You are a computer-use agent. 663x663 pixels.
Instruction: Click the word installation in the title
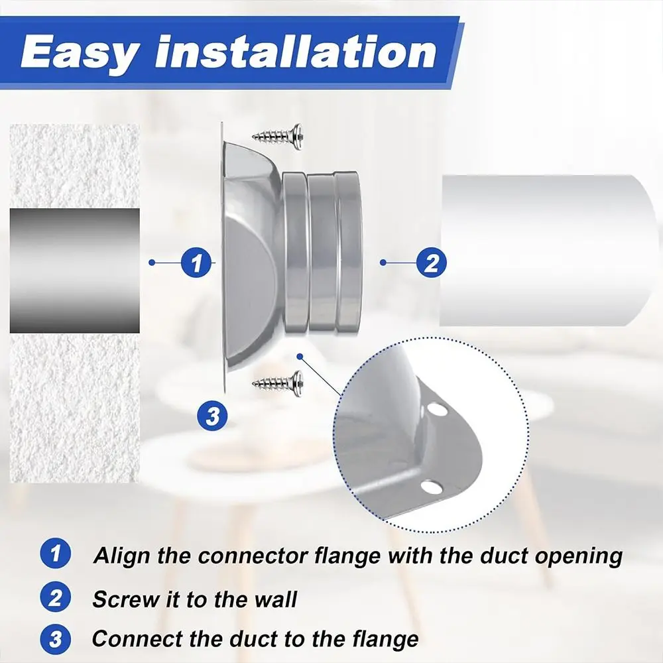[x=296, y=53]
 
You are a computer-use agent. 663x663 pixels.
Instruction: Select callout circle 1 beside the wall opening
[x=196, y=263]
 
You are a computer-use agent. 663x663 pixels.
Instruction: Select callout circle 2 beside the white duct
[x=432, y=263]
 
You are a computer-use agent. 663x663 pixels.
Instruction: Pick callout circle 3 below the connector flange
[x=212, y=417]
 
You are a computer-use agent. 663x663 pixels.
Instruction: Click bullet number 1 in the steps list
[x=56, y=555]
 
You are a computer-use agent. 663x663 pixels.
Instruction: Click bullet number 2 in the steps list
[x=56, y=599]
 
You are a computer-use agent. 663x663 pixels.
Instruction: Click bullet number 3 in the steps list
[x=56, y=639]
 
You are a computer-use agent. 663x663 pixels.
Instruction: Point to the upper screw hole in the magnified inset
[x=438, y=410]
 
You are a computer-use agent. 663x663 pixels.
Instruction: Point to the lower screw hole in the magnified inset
[x=431, y=489]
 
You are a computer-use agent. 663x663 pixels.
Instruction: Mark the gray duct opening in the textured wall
[x=74, y=271]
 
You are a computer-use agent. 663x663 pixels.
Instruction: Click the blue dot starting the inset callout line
[x=300, y=356]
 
